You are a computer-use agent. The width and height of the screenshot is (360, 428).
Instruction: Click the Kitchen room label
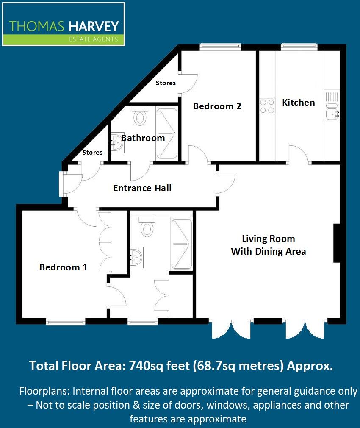[x=299, y=103]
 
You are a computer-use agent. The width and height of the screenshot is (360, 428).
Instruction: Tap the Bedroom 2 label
[x=217, y=106]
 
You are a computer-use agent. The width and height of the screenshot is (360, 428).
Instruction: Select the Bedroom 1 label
[x=64, y=267]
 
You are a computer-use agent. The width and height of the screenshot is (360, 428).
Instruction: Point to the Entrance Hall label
[x=142, y=188]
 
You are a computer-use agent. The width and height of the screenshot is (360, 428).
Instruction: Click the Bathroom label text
[x=143, y=138]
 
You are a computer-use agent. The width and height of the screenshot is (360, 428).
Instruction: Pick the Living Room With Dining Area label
[x=269, y=245]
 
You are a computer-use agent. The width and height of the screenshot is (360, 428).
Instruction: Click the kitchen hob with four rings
[x=267, y=106]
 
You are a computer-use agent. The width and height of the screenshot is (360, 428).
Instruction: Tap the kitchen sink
[x=332, y=112]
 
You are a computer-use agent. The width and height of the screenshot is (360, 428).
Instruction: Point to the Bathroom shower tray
[x=167, y=134]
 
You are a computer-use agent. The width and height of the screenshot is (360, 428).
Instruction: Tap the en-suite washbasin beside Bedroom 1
[x=136, y=256]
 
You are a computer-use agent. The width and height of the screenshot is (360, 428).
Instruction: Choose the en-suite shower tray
[x=181, y=244]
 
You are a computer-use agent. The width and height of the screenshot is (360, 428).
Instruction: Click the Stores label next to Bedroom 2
[x=166, y=83]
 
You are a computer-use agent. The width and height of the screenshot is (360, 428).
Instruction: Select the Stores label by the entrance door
[x=92, y=153]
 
